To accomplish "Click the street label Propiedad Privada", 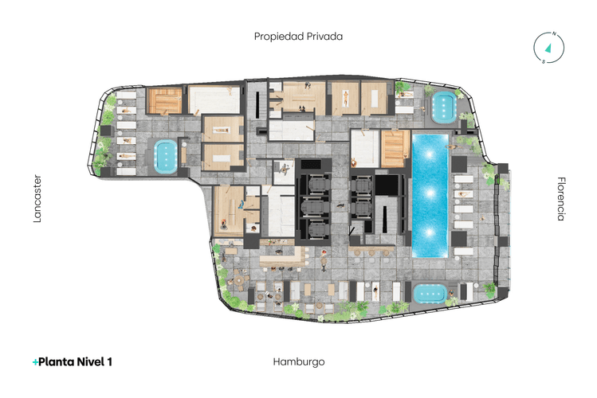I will (x=298, y=36).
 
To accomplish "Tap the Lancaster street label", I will (x=37, y=199).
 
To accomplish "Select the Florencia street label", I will (x=561, y=199).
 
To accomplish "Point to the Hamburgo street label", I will (x=298, y=361).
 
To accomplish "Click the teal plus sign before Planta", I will (x=35, y=362).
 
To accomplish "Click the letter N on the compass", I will (x=552, y=34).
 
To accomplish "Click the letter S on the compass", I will (x=544, y=60).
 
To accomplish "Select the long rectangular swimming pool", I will (x=429, y=195).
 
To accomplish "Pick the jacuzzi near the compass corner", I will (x=443, y=107).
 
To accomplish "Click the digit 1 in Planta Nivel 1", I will (x=109, y=361).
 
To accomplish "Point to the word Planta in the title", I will (x=55, y=361).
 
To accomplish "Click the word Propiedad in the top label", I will (x=278, y=36).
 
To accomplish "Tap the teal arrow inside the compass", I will (x=548, y=47).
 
